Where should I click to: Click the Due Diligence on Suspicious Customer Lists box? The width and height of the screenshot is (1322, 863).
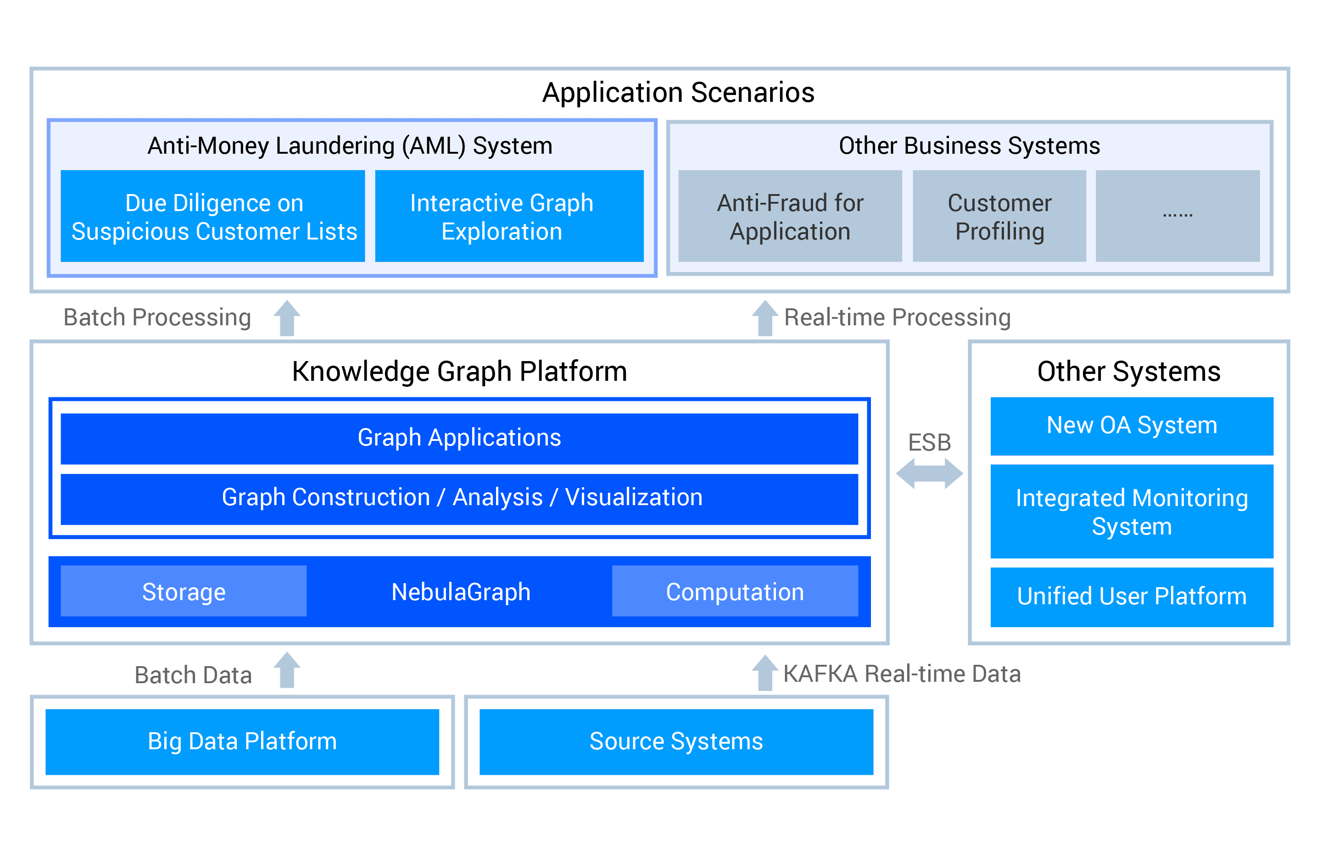pos(213,216)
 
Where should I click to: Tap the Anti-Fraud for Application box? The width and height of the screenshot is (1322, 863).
pos(790,216)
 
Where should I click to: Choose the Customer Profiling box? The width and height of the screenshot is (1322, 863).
pos(999,216)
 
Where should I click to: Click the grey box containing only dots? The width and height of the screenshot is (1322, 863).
pos(1177,216)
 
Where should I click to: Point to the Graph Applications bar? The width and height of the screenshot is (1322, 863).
pos(459,438)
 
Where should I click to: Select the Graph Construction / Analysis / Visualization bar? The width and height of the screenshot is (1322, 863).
pos(459,498)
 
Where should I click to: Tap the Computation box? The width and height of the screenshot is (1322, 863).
pos(735,591)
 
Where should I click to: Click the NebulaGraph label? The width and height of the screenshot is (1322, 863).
pos(461,592)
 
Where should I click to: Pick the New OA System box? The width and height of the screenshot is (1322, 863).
pos(1132,426)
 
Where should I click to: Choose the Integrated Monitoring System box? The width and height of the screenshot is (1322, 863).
pos(1132,512)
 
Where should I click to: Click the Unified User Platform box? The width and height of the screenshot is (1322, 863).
pos(1132,596)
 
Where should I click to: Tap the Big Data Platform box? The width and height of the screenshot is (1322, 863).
pos(242,741)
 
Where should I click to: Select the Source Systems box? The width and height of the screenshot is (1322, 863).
pos(676,741)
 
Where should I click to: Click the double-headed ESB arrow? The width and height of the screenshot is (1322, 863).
pos(929,473)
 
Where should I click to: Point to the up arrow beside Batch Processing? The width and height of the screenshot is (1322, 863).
pos(287,318)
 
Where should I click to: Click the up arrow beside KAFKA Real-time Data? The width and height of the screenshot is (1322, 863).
pos(765,673)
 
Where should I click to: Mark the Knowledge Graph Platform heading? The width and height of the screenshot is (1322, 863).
pos(459,371)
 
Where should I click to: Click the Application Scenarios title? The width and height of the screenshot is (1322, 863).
pos(678,92)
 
